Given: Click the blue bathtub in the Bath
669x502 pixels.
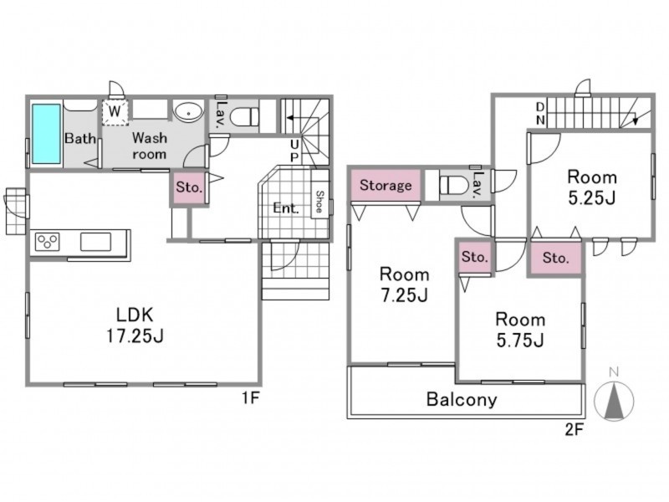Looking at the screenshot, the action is pos(46,133).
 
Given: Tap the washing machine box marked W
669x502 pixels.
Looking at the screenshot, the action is pos(115,112).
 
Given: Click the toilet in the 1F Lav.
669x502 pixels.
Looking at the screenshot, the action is pos(244,115).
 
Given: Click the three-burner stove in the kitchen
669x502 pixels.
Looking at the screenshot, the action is pos(48,242).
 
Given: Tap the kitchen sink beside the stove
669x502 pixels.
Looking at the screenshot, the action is pos(95,242).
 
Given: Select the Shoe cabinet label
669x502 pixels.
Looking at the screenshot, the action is pos(319,202).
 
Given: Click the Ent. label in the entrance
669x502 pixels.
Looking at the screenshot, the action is pos(285,208).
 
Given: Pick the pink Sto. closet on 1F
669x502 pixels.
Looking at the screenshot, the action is pos(189,187).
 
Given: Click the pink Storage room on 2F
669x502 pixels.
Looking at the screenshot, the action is pos(386,185).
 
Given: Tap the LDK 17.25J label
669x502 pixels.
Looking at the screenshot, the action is pos(135,325).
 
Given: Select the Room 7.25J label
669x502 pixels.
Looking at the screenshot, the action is pos(404,284).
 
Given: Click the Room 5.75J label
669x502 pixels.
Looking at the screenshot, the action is pos(520,330).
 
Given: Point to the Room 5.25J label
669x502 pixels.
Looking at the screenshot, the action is pos(592,187).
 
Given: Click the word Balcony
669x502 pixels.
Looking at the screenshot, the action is pos(462,400).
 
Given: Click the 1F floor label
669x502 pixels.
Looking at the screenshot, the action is pos(250,398).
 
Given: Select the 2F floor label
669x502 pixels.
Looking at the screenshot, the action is pos(574,429).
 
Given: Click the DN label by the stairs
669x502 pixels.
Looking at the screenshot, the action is pos(540,114).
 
